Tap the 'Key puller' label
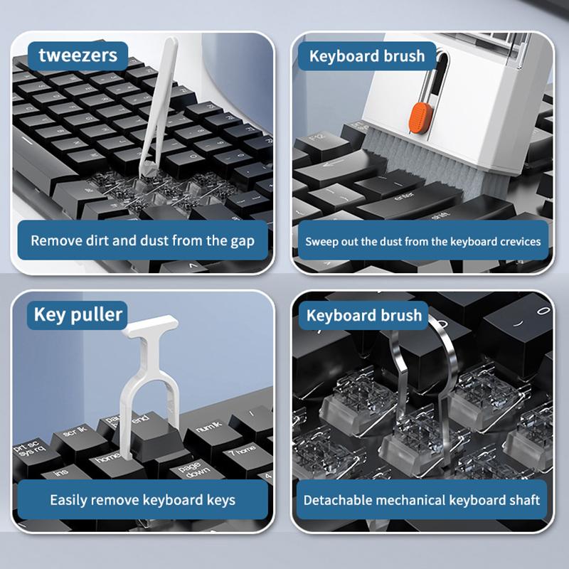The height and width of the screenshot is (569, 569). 78,314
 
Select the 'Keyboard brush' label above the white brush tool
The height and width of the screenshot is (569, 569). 366,55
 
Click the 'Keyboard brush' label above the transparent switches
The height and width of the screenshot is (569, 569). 363,315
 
